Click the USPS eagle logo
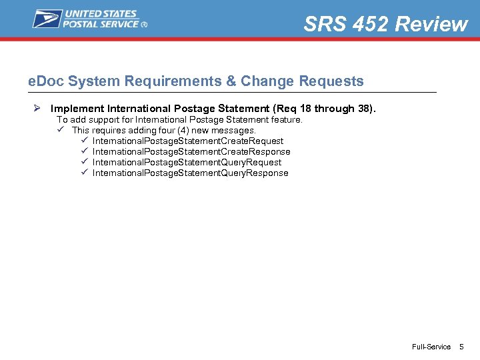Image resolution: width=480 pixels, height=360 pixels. point(47,18)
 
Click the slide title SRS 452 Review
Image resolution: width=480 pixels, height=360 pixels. point(385,24)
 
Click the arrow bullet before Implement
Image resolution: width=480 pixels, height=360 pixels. point(38,108)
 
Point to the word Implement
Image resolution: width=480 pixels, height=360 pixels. point(77,108)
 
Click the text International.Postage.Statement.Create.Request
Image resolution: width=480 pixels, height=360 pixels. point(188,141)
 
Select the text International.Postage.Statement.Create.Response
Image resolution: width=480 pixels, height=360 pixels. point(191,152)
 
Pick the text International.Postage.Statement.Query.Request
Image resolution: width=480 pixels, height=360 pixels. point(187,163)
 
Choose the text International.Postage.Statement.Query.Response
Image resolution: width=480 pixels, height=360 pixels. point(190,173)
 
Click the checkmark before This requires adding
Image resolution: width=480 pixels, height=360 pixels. point(62,130)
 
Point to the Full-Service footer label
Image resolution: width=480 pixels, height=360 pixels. point(431,347)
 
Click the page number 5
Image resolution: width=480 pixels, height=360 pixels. point(461,347)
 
